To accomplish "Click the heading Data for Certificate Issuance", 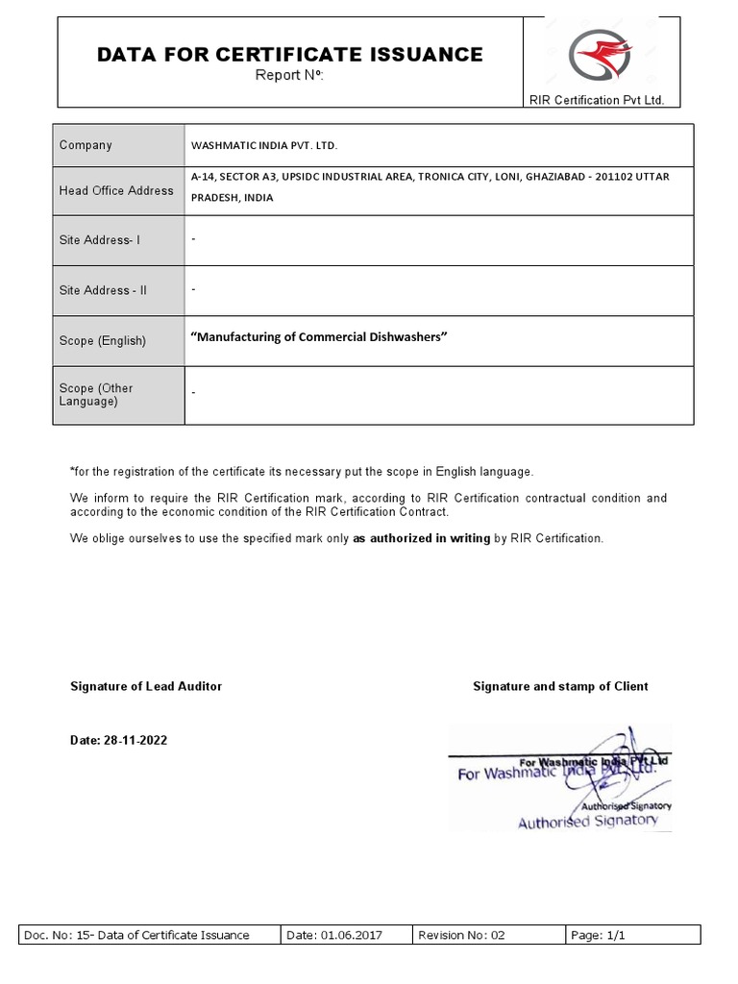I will pyautogui.click(x=290, y=55).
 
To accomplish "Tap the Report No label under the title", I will pyautogui.click(x=289, y=76).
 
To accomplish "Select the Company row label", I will pyautogui.click(x=86, y=145).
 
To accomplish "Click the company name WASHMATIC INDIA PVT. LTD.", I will pyautogui.click(x=265, y=146).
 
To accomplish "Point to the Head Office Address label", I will pyautogui.click(x=116, y=190).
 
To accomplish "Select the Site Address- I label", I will pyautogui.click(x=100, y=240).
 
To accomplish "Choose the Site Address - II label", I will pyautogui.click(x=103, y=290).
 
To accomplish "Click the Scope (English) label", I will pyautogui.click(x=103, y=341).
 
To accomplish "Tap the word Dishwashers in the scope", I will pyautogui.click(x=404, y=336).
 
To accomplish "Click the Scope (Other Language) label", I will pyautogui.click(x=96, y=395).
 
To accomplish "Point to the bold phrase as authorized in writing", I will pyautogui.click(x=422, y=538).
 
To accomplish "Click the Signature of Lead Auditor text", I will pyautogui.click(x=146, y=686).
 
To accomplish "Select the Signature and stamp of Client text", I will pyautogui.click(x=560, y=686).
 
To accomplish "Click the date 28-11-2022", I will pyautogui.click(x=124, y=740).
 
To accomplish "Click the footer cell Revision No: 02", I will pyautogui.click(x=461, y=935).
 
